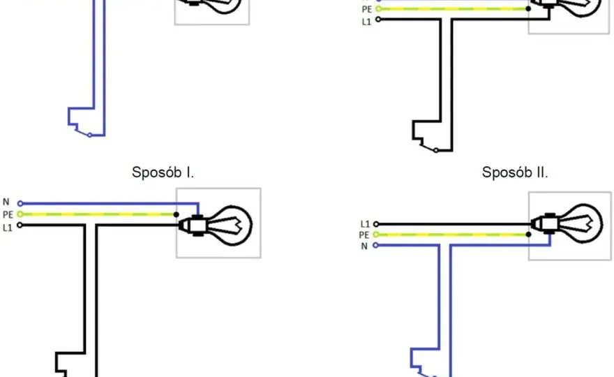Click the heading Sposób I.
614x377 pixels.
[163, 172]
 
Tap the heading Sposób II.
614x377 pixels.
[515, 172]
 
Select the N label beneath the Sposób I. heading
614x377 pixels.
[6, 202]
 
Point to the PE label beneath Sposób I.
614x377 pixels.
[8, 215]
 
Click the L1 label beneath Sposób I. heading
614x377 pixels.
[8, 228]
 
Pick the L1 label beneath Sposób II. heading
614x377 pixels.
[365, 224]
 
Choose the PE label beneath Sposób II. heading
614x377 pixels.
[364, 235]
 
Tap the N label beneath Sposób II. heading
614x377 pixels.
[364, 246]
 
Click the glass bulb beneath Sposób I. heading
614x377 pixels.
[230, 226]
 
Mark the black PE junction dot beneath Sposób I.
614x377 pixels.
[177, 214]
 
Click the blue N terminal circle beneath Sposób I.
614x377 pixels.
[20, 203]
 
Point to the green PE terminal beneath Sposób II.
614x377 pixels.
[375, 235]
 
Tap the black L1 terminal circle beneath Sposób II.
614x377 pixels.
[376, 224]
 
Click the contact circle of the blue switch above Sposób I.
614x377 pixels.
[90, 135]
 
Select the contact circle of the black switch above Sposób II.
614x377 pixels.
[436, 151]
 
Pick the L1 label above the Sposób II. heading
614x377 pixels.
[366, 22]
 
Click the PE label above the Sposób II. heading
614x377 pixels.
[367, 9]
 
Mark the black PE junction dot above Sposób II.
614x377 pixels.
[528, 8]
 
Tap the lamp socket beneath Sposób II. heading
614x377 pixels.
[545, 224]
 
